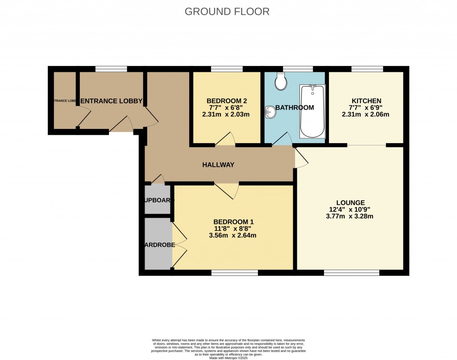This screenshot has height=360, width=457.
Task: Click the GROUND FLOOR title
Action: tap(227, 12)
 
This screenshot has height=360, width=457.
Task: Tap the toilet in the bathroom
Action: tap(281, 80)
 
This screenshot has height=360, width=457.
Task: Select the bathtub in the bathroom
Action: tap(312, 111)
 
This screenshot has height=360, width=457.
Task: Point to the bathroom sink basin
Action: tap(271, 112)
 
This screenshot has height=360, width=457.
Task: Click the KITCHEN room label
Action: tap(366, 101)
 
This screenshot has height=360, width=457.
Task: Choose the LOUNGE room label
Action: tap(350, 202)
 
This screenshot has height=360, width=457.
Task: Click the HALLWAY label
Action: tap(218, 165)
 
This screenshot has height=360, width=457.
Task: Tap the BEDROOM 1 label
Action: tap(233, 222)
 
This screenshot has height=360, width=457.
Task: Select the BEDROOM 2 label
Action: tap(227, 101)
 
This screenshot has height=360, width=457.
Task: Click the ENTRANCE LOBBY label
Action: tap(112, 101)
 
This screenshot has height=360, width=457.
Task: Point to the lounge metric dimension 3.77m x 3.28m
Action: tap(350, 216)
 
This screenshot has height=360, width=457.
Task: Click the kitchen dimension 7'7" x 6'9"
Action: tap(366, 108)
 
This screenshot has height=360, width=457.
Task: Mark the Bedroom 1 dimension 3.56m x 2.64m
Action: tap(233, 236)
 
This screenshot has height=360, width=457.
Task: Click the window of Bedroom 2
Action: tap(227, 69)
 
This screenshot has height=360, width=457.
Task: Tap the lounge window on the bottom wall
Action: tap(352, 273)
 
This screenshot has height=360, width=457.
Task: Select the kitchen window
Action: tap(367, 69)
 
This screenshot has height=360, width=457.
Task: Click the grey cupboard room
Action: tap(158, 200)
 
